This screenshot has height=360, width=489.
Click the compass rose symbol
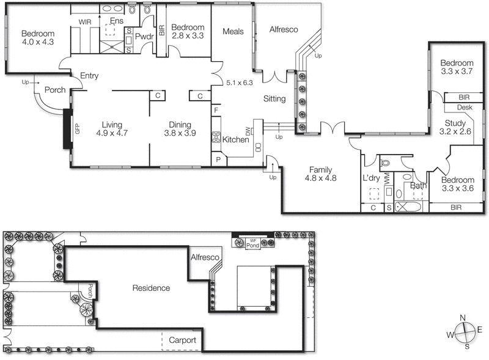pyautogui.click(x=466, y=332)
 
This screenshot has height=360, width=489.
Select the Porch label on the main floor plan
pyautogui.click(x=54, y=90)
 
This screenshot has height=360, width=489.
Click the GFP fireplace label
pyautogui.click(x=77, y=129)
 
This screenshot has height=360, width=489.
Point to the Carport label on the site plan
pyautogui.click(x=182, y=340)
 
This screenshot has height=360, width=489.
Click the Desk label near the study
pyautogui.click(x=464, y=108)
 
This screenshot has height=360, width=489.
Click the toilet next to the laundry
pyautogui.click(x=385, y=163)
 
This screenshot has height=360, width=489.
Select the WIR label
pyautogui.click(x=84, y=21)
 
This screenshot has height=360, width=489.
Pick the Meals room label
pyautogui.click(x=233, y=32)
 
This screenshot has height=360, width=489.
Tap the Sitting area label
pyautogui.click(x=274, y=98)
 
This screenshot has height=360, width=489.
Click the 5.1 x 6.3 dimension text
pyautogui.click(x=239, y=82)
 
